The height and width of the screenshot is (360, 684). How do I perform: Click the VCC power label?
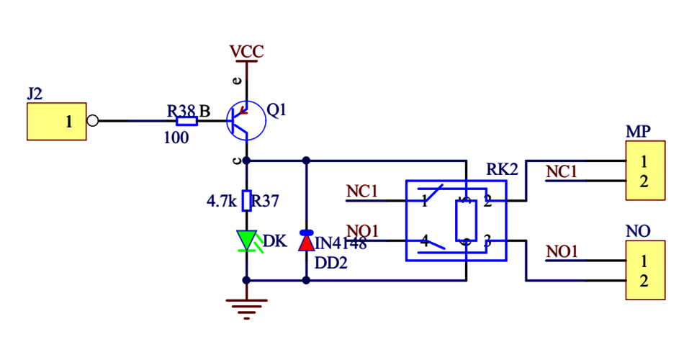coord(246,52)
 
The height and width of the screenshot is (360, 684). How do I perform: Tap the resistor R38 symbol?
coord(186,121)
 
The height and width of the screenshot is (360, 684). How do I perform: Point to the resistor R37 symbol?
coord(246,200)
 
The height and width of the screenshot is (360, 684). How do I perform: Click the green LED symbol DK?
coord(246,240)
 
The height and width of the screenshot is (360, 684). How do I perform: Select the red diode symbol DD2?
coord(307,240)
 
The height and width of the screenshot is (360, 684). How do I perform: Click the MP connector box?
coord(646,171)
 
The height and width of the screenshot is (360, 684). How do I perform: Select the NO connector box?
coord(646,270)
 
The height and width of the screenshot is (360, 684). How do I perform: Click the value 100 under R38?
coord(176,138)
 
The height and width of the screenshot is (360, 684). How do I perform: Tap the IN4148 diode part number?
coord(341,244)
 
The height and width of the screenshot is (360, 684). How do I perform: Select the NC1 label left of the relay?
coord(362,191)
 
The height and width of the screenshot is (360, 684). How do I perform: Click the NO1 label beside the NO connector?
coord(562,251)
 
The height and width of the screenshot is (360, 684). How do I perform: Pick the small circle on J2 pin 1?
coord(91,121)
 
